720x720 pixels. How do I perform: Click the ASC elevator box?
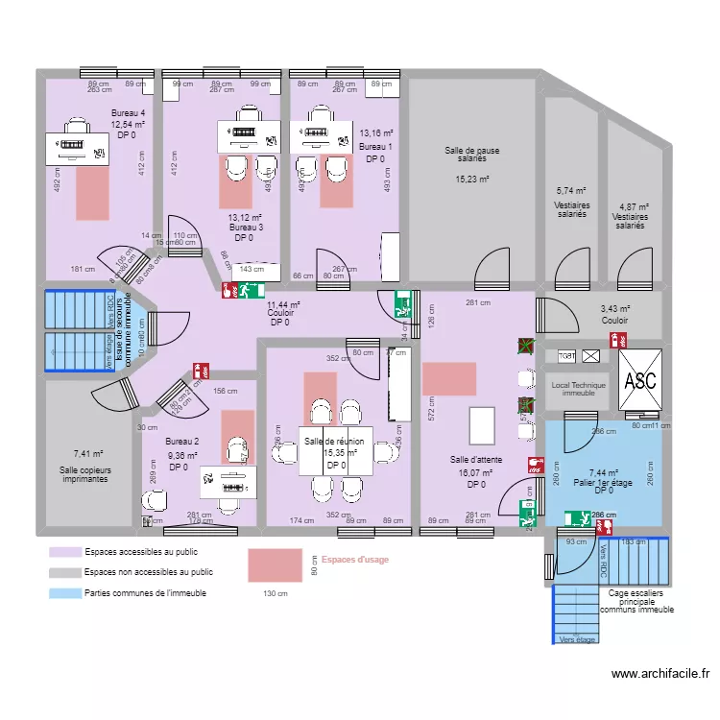click(x=639, y=379)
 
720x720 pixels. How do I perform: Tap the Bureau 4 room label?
click(x=128, y=113)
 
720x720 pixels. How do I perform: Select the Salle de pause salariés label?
click(x=471, y=156)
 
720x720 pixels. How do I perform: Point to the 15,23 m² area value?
click(x=471, y=180)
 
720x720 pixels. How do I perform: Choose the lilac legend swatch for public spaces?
click(x=65, y=552)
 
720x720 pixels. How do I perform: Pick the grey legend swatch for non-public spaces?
click(x=65, y=572)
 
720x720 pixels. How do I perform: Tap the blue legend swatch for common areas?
click(x=65, y=593)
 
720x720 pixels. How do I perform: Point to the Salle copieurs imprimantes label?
click(x=84, y=473)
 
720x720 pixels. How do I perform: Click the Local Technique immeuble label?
click(x=579, y=389)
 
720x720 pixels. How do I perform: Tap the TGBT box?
click(x=567, y=356)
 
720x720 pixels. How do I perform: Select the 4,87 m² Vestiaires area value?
click(x=634, y=206)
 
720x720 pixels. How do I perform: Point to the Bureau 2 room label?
click(x=181, y=442)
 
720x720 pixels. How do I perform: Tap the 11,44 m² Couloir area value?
click(x=283, y=304)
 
